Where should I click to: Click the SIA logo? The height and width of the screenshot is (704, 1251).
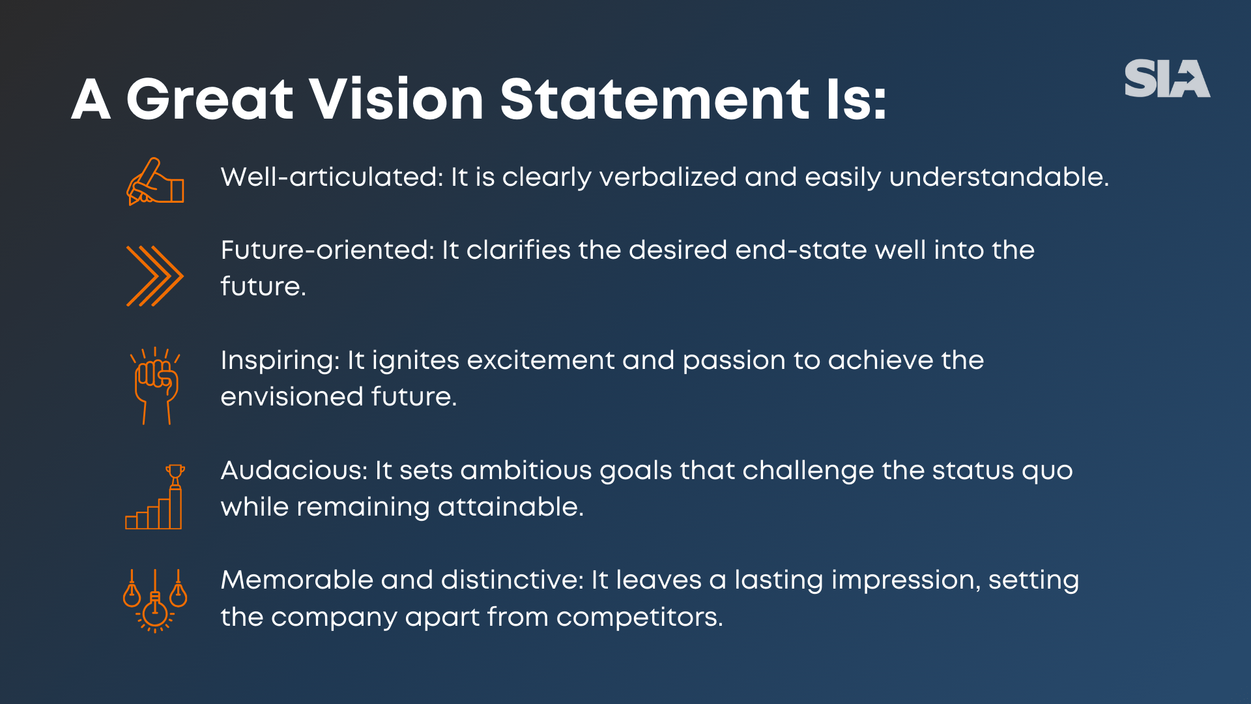click(x=1167, y=79)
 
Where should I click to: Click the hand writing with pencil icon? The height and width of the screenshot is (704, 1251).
click(x=155, y=182)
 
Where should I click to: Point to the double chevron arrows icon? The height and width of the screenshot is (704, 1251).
click(x=155, y=276)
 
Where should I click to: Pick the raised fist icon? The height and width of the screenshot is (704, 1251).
click(x=156, y=385)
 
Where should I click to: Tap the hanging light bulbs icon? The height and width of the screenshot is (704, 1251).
click(x=155, y=600)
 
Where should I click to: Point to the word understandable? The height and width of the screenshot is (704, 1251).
click(x=998, y=177)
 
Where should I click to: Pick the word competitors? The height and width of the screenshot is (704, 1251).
click(x=639, y=617)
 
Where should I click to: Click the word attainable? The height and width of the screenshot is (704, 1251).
click(x=510, y=507)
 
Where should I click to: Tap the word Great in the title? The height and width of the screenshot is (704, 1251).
click(x=210, y=100)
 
